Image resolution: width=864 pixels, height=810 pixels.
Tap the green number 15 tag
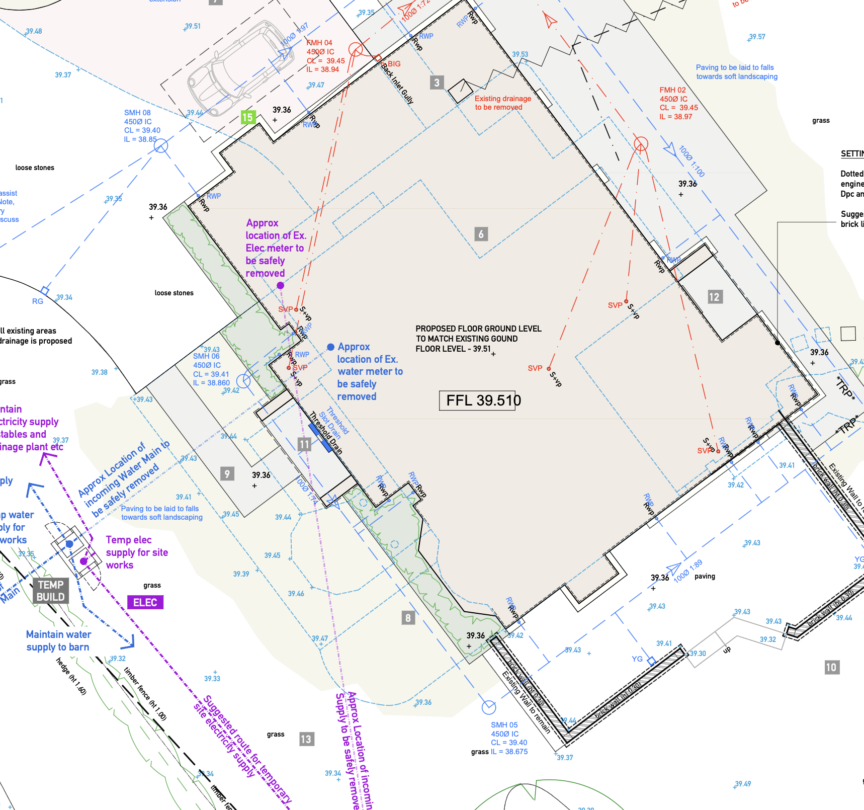click(248, 117)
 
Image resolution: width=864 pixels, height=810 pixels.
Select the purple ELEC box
click(145, 602)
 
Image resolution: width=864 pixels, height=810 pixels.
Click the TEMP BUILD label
click(51, 591)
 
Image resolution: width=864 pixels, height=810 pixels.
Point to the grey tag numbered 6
click(481, 234)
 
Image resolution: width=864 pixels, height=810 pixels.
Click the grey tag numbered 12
click(714, 297)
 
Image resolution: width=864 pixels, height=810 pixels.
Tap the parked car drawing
click(234, 68)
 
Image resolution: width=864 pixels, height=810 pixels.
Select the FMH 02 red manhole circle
click(640, 144)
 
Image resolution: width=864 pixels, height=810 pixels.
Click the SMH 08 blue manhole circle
click(161, 146)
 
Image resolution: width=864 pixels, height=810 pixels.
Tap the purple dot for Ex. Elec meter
click(281, 286)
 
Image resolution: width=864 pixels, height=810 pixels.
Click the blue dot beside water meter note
click(330, 347)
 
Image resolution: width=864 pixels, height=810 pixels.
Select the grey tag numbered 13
click(306, 739)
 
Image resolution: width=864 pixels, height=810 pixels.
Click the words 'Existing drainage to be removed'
click(502, 103)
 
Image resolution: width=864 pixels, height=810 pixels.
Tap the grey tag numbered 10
click(831, 668)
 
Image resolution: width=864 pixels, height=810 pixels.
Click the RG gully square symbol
click(45, 291)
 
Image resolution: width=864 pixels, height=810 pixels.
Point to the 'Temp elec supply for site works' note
click(136, 552)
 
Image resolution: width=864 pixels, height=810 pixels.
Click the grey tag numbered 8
click(408, 618)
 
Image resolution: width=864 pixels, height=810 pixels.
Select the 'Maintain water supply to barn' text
click(58, 640)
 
